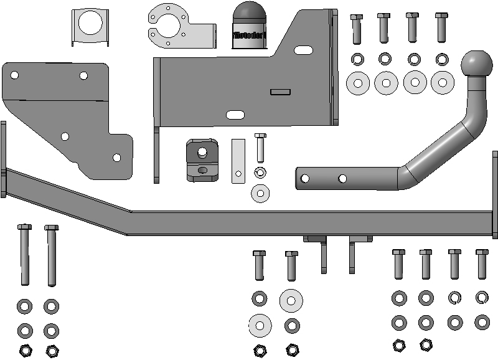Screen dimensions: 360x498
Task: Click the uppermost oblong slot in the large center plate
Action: click(x=303, y=49)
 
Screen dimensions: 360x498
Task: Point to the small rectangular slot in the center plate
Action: click(x=280, y=92)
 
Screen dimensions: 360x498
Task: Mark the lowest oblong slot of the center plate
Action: click(x=235, y=115)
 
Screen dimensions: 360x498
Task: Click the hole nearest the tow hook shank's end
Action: click(x=305, y=179)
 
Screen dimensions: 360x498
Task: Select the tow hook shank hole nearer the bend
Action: click(x=342, y=179)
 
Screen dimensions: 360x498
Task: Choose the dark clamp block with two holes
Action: click(x=201, y=159)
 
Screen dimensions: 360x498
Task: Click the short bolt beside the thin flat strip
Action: click(x=260, y=148)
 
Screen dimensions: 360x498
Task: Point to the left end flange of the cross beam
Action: click(x=3, y=159)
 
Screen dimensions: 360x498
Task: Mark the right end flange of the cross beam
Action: click(x=495, y=194)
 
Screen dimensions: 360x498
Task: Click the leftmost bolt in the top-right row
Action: click(x=357, y=29)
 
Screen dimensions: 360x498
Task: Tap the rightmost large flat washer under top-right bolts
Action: click(x=443, y=82)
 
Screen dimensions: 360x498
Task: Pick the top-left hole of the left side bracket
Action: click(x=14, y=75)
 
